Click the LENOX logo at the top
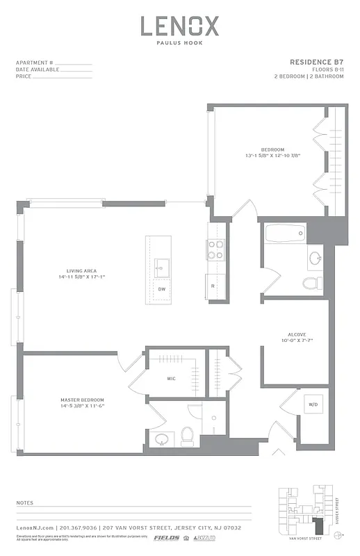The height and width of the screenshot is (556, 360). coord(180,27)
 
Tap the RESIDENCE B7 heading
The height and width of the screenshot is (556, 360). coord(318,63)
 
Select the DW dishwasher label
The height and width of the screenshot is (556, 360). coord(161,288)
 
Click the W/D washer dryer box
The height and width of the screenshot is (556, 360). coord(313,404)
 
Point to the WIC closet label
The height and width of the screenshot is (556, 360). coord(171,379)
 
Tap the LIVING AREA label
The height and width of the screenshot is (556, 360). coord(81,270)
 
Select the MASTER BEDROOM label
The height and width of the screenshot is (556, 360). coord(81,400)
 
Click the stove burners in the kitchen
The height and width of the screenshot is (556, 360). coord(215,250)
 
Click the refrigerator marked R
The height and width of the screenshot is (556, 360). coord(213,286)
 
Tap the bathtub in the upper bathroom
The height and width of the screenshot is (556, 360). coord(284,233)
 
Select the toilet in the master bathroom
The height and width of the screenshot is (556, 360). coord(186,436)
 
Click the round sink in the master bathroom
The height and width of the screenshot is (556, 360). coord(163,439)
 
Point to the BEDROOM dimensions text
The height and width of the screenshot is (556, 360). coord(272,156)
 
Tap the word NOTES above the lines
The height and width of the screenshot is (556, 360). coord(24,501)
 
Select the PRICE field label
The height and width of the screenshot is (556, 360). coord(23,76)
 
